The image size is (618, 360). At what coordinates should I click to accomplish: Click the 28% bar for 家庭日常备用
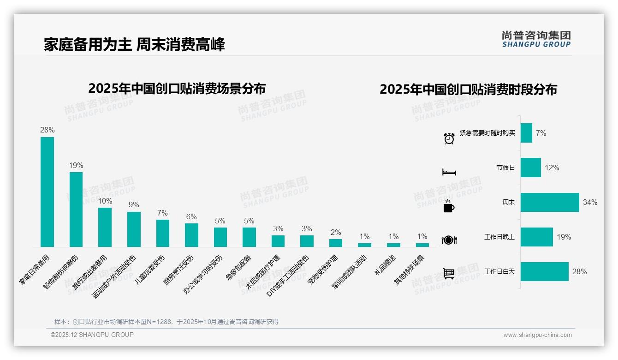(x=47, y=192)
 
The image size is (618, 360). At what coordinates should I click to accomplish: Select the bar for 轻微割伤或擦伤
(x=76, y=209)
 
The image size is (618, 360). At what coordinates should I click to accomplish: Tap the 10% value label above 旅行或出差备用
(x=105, y=201)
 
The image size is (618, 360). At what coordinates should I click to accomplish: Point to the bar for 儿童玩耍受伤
(x=163, y=233)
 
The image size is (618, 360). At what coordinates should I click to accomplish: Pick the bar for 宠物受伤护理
(x=336, y=243)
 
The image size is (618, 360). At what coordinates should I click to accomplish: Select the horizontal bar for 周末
(x=549, y=202)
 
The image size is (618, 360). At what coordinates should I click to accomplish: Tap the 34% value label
(x=590, y=202)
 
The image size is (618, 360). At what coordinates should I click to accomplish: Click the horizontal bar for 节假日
(x=530, y=168)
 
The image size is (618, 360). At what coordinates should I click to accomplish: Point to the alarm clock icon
(x=449, y=138)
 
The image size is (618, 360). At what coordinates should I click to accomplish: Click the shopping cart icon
(x=449, y=273)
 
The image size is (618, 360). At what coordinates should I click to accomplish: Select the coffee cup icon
(x=449, y=206)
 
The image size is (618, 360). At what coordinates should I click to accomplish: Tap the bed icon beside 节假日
(x=449, y=172)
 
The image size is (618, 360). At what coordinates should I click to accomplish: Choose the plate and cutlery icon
(x=449, y=240)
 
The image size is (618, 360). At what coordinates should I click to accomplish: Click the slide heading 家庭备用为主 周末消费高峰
(x=134, y=45)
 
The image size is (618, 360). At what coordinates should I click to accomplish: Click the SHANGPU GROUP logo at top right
(x=536, y=39)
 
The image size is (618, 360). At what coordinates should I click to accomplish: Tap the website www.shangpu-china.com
(x=537, y=335)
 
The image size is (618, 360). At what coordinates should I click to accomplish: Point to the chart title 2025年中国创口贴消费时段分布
(x=468, y=89)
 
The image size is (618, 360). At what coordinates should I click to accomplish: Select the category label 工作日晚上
(x=499, y=237)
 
